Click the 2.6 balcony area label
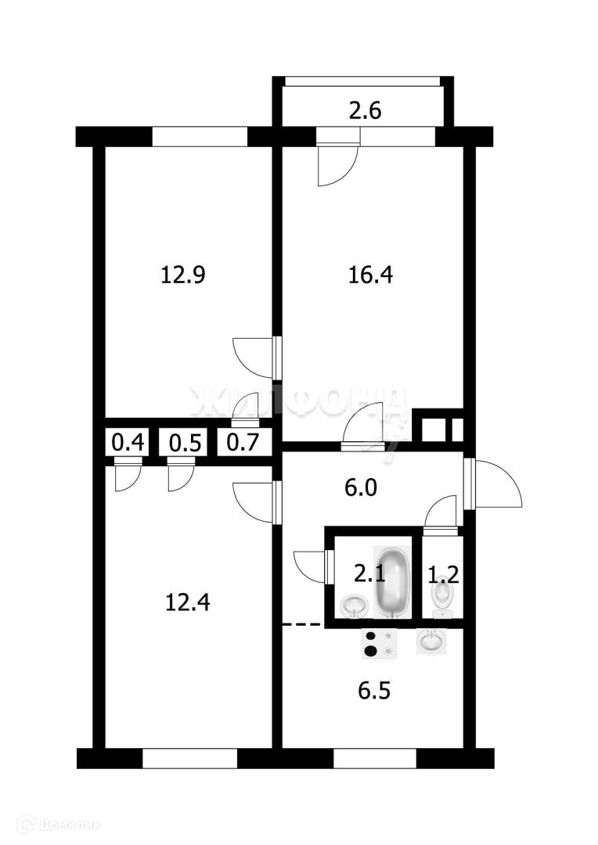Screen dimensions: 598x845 click(364, 111)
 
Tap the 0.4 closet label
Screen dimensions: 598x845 click(128, 443)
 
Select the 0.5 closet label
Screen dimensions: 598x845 click(186, 443)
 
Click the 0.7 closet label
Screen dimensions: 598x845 click(243, 443)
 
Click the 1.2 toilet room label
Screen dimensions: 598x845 click(443, 577)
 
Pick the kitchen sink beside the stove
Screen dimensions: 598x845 click(431, 642)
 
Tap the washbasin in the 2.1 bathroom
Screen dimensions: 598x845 click(355, 605)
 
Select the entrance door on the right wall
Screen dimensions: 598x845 click(493, 485)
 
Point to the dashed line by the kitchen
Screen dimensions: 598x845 click(301, 624)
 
